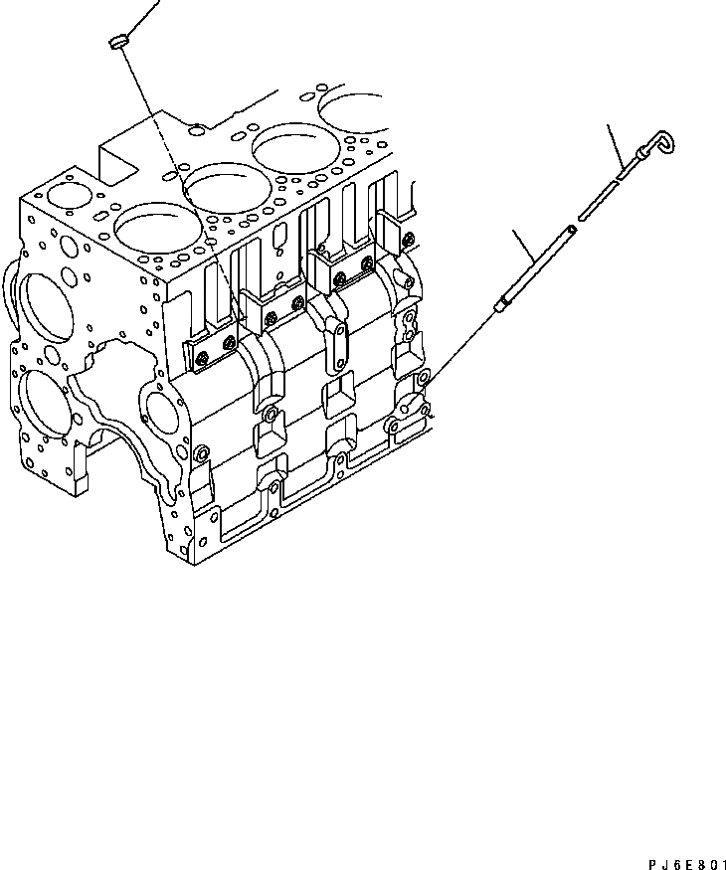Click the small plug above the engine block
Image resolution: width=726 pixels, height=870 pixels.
click(x=115, y=41)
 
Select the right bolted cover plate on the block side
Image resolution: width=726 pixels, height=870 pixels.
click(x=352, y=263)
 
